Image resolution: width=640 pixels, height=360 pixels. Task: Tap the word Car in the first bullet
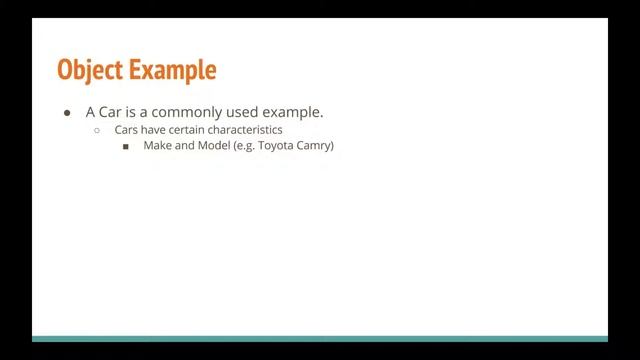point(112,112)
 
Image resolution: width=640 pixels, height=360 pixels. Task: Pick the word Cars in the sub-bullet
point(127,130)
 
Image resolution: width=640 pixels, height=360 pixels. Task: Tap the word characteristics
point(248,130)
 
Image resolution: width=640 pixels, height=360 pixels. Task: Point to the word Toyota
point(279,146)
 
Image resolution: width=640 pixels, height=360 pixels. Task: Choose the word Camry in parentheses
point(318,146)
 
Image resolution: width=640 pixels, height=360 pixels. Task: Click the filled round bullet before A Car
point(67,112)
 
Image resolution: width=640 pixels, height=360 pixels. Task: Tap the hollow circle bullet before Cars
point(97,131)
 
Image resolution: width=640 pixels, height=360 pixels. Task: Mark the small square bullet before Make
point(126,147)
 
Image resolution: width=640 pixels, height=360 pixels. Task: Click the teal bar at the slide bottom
point(320,339)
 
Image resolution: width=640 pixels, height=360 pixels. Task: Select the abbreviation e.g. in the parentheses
point(246,146)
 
